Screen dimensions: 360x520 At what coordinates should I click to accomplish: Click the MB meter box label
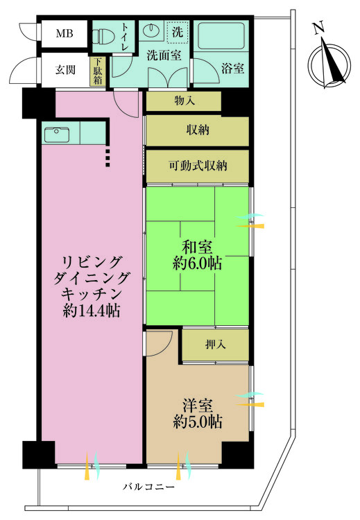click(x=65, y=33)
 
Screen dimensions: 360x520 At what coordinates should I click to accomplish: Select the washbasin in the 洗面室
click(x=152, y=31)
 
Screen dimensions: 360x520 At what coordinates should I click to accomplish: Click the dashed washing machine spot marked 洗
click(x=178, y=32)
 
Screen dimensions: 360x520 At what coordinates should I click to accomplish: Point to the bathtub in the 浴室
click(x=222, y=35)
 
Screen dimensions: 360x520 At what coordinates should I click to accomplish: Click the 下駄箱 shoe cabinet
click(x=98, y=71)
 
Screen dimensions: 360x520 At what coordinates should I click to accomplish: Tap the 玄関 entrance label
click(x=65, y=70)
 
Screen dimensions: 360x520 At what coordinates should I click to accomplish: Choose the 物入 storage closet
click(x=184, y=101)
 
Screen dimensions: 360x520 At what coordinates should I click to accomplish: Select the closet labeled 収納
click(x=198, y=130)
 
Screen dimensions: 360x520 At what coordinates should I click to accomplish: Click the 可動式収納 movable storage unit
click(x=198, y=166)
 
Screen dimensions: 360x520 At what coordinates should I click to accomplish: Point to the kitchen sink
click(x=57, y=135)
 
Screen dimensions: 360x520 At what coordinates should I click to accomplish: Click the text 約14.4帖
click(x=92, y=311)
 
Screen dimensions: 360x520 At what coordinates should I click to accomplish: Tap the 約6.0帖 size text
click(x=198, y=263)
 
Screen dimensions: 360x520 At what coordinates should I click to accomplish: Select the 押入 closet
click(x=215, y=345)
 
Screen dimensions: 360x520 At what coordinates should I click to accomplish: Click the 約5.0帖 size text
click(x=198, y=422)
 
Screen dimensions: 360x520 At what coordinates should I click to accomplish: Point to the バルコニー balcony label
click(x=148, y=487)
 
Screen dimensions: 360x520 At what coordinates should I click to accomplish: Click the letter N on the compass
click(x=318, y=28)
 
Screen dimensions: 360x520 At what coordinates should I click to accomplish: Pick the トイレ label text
click(x=125, y=37)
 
